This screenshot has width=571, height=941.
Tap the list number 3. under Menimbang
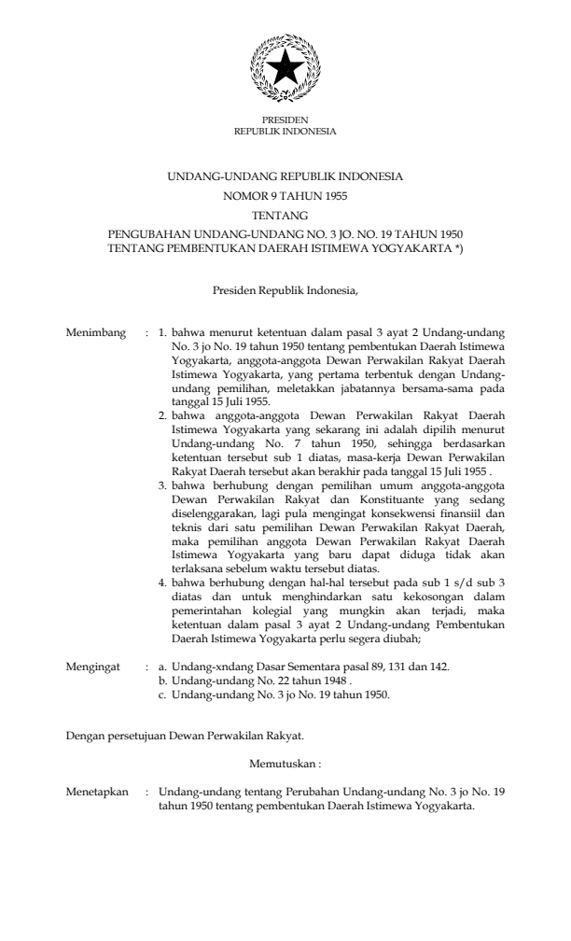(x=162, y=487)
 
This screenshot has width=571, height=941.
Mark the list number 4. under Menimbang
(x=162, y=581)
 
